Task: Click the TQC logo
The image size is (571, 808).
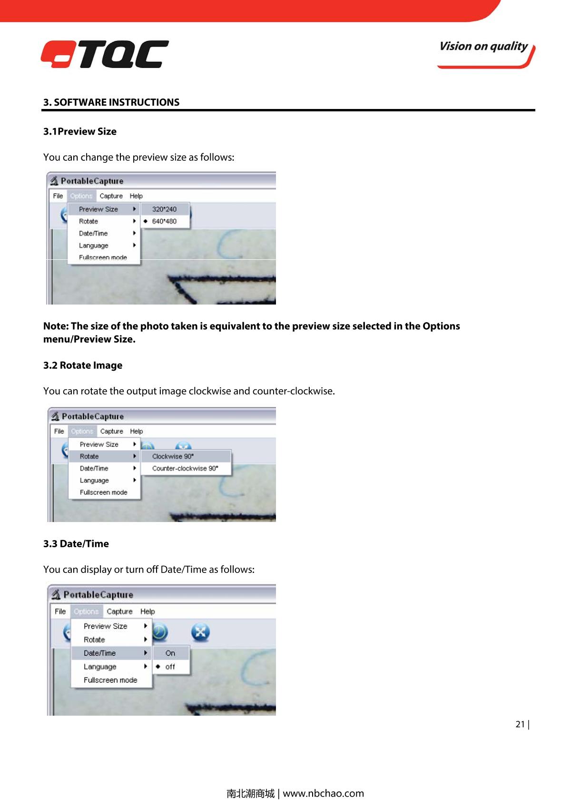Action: [x=105, y=54]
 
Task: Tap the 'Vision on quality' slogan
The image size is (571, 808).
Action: [x=483, y=47]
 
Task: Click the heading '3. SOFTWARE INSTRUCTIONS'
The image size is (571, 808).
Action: [x=111, y=102]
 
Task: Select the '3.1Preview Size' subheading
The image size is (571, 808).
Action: [x=80, y=131]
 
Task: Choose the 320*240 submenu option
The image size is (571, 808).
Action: [x=164, y=209]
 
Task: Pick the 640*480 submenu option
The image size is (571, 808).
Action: [x=164, y=221]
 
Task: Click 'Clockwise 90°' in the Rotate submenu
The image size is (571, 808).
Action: [x=173, y=456]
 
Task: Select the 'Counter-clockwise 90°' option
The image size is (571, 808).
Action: [x=185, y=468]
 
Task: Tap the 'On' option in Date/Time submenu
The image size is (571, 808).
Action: [x=170, y=653]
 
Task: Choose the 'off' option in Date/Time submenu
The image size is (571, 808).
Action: [x=170, y=667]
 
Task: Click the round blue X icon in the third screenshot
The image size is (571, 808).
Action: [x=200, y=632]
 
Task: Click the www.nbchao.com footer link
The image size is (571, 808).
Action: [x=323, y=793]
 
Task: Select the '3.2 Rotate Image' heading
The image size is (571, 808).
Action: [x=83, y=365]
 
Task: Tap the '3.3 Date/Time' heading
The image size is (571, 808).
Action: [x=76, y=544]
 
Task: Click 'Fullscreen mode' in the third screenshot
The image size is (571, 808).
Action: [x=110, y=680]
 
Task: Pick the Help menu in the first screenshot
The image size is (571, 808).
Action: [x=136, y=196]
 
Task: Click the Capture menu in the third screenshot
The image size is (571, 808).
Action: [x=119, y=611]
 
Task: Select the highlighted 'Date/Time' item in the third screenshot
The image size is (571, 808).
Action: [x=100, y=653]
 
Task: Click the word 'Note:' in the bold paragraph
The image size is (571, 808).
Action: [x=56, y=326]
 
